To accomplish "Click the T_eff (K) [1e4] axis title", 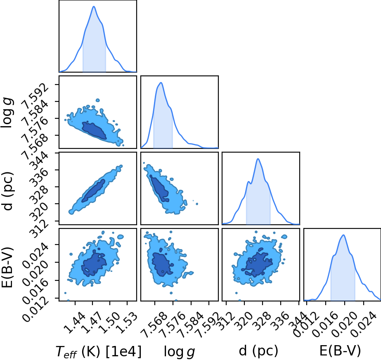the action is coord(98,351).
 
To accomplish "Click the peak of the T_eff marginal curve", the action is coord(94,6).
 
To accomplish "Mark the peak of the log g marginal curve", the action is coord(161,82).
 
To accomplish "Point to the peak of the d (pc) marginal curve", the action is coord(258,159).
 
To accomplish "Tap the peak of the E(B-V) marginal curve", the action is coord(343,235).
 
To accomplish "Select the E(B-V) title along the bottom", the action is coord(340,351).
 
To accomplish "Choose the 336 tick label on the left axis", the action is coord(39,178).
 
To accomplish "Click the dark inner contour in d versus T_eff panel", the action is coord(93,191).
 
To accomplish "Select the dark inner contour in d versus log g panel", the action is coord(159,188).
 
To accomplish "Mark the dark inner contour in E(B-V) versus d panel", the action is coord(257,263).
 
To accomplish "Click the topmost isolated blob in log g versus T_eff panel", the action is coord(98,100).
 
